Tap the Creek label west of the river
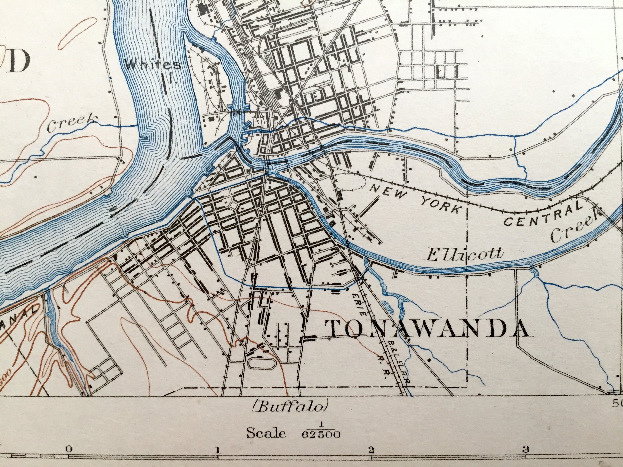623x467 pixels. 72,123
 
